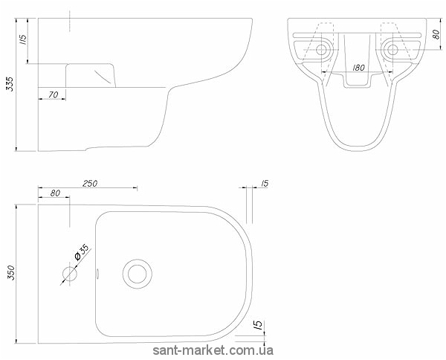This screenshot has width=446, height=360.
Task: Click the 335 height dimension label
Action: point(10,83)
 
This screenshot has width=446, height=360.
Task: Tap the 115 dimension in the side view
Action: point(23,39)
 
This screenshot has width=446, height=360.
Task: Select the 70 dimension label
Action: point(54,94)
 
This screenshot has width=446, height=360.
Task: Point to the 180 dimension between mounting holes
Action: point(358,68)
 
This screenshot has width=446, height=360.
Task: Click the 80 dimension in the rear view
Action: point(436,34)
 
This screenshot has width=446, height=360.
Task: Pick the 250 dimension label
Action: point(90,184)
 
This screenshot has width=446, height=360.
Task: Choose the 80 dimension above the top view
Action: point(55,193)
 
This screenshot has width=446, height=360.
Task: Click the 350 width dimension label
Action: point(11,273)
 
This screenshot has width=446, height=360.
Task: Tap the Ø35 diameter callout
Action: point(82,252)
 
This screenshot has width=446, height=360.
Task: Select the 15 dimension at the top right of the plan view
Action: point(264,184)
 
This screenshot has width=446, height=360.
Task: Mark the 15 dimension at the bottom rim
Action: point(259,324)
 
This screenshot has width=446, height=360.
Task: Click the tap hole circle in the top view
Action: point(70,274)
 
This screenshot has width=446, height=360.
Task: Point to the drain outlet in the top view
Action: point(138,274)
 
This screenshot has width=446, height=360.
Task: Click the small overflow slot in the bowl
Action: point(97,274)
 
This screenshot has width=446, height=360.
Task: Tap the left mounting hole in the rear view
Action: point(321,50)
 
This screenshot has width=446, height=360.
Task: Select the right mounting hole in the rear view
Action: point(392,50)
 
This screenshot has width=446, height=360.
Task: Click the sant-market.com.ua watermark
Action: point(213,350)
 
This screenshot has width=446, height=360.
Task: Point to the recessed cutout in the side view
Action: point(91,75)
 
